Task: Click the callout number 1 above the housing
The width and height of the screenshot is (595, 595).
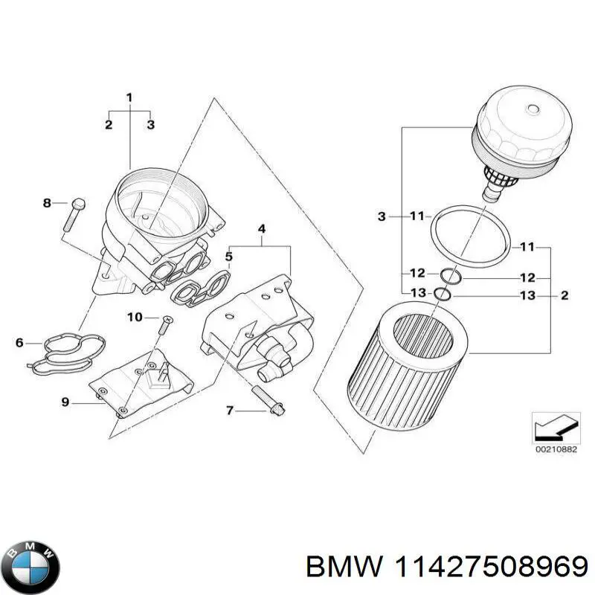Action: pos(129,97)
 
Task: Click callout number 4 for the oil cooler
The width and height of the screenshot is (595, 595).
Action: pos(261,229)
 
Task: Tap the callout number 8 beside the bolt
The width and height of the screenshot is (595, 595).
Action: pos(46,203)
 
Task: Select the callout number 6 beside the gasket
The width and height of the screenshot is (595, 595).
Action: pos(19,343)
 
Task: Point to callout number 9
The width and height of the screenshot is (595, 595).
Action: pos(65,402)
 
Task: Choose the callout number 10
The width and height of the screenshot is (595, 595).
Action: pos(134,318)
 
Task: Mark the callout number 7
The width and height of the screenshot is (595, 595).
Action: pos(230,410)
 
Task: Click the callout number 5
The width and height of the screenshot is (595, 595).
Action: pos(229,257)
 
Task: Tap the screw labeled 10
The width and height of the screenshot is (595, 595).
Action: pos(166,328)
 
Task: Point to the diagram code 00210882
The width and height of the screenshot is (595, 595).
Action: pos(553,449)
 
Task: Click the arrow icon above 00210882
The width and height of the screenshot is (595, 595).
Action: pos(553,426)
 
